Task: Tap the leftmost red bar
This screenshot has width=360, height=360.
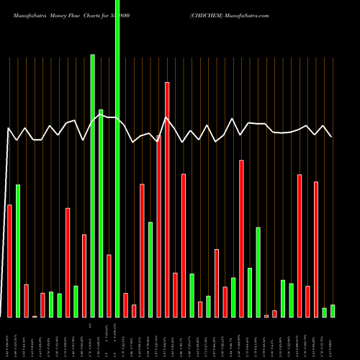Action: click(x=9, y=261)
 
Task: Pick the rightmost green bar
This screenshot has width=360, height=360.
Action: click(x=333, y=311)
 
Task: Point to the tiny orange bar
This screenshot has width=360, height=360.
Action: click(x=35, y=316)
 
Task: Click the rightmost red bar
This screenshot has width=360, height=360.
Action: click(x=316, y=249)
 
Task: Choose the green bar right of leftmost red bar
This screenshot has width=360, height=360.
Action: click(x=18, y=251)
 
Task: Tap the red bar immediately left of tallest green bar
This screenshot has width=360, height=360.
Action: click(x=109, y=286)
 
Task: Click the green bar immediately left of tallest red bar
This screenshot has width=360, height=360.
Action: click(x=150, y=269)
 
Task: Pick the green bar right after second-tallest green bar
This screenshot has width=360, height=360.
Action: click(x=101, y=213)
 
